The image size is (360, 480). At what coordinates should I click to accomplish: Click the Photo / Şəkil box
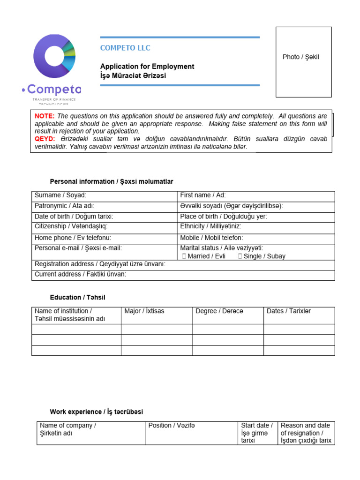303,62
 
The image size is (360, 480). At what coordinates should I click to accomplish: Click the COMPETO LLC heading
125,48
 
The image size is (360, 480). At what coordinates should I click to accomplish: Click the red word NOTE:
45,116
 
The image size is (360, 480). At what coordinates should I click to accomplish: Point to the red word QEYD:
45,139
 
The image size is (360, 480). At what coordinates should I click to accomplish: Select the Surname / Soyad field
104,196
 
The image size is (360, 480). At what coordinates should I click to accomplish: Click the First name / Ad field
256,196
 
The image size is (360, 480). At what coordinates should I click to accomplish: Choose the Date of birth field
104,217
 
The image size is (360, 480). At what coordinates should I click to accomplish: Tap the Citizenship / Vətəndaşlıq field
104,227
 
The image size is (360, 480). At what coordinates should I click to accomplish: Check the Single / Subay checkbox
240,256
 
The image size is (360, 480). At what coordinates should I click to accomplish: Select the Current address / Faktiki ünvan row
183,275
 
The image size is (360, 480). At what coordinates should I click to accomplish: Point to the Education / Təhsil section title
81,297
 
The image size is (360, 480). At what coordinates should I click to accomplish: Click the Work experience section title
97,412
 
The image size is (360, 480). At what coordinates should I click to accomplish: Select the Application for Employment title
147,67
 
